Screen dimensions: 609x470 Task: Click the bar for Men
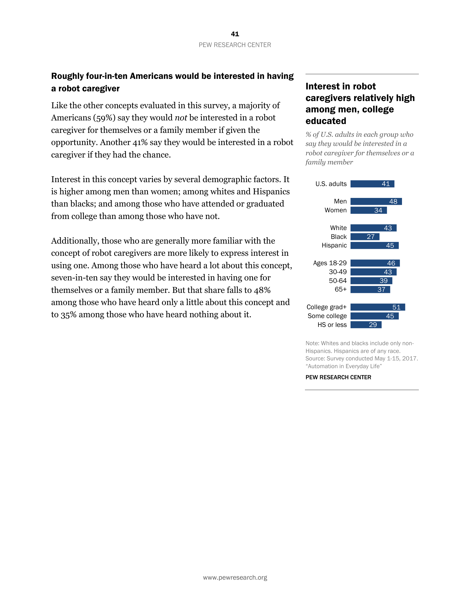pyautogui.click(x=376, y=201)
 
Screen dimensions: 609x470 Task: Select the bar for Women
pyautogui.click(x=368, y=210)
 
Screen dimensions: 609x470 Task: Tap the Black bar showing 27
pyautogui.click(x=365, y=237)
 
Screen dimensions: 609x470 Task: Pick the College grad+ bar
pyautogui.click(x=378, y=307)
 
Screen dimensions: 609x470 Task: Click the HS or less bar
pyautogui.click(x=366, y=325)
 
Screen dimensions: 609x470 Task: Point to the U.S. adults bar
pyautogui.click(x=372, y=184)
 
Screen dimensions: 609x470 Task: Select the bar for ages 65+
pyautogui.click(x=370, y=290)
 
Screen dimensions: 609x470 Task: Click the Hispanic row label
pyautogui.click(x=334, y=245)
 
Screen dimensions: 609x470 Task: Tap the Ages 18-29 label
pyautogui.click(x=330, y=263)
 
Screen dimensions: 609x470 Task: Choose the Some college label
pyautogui.click(x=327, y=316)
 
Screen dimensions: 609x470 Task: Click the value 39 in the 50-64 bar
pyautogui.click(x=383, y=281)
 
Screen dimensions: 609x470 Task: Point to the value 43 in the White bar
pyautogui.click(x=388, y=228)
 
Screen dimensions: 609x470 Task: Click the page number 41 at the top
pyautogui.click(x=235, y=34)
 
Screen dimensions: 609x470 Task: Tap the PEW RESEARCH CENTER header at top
pyautogui.click(x=235, y=45)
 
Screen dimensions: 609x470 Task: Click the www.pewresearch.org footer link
pyautogui.click(x=235, y=577)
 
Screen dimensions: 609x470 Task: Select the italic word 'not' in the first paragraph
pyautogui.click(x=181, y=118)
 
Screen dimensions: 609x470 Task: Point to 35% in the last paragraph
pyautogui.click(x=69, y=314)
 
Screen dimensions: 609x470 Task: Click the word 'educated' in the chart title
pyautogui.click(x=326, y=121)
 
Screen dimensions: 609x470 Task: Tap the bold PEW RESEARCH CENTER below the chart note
pyautogui.click(x=338, y=377)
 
